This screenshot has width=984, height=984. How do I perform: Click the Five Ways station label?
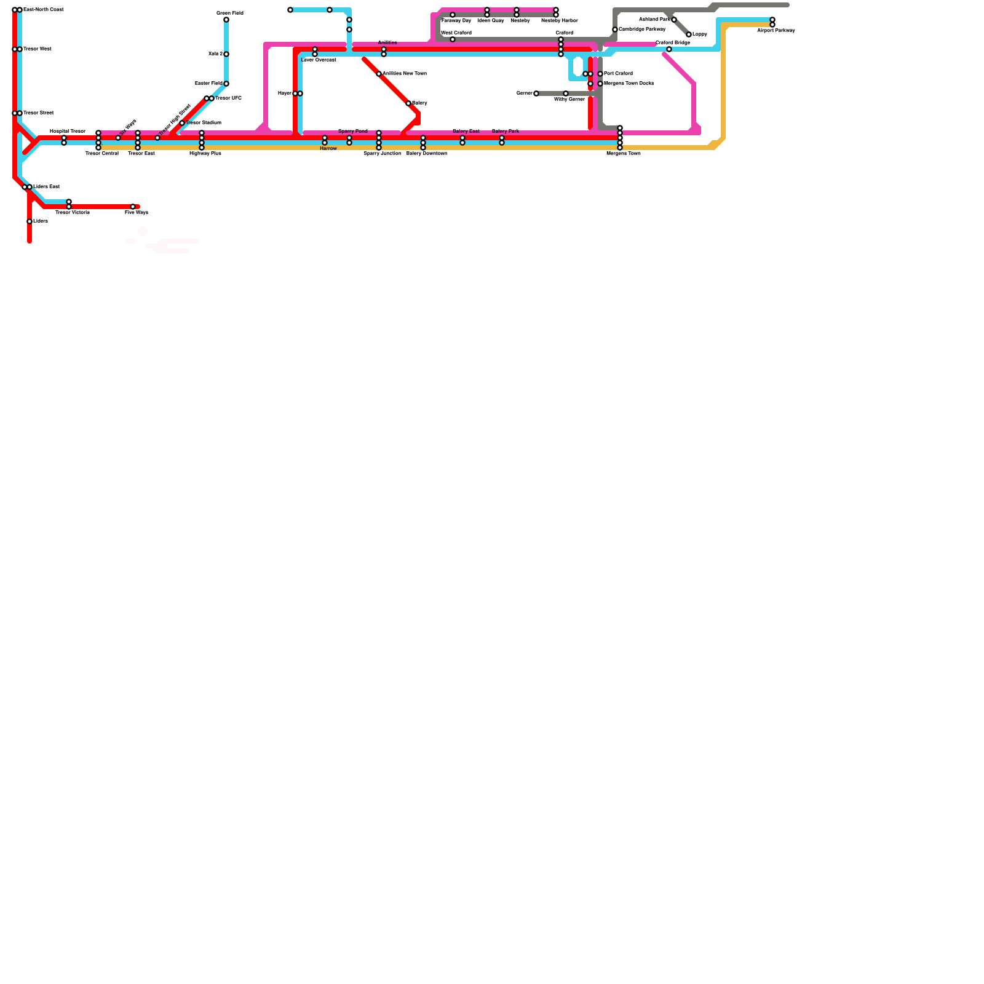136,213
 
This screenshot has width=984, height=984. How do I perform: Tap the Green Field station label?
230,13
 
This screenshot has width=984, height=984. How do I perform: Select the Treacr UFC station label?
228,98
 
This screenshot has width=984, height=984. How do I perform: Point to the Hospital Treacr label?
67,131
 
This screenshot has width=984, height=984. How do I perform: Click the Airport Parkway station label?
776,31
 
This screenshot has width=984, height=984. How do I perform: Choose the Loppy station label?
699,34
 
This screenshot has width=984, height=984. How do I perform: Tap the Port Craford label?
618,74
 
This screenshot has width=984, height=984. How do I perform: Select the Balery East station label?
466,131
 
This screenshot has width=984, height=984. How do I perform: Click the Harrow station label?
328,149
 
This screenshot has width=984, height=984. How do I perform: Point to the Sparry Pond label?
352,131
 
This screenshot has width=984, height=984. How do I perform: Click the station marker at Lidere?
30,221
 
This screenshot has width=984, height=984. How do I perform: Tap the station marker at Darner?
536,93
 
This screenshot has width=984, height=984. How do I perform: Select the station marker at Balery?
408,103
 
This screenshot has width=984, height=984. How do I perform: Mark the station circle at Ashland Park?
674,20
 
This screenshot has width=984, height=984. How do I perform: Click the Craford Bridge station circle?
669,49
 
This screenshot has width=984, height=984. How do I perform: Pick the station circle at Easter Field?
226,84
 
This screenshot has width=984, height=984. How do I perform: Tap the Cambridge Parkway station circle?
615,30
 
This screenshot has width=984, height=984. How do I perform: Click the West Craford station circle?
453,39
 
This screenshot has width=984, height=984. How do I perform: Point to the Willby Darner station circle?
566,93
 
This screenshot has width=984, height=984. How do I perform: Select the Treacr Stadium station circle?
182,123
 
